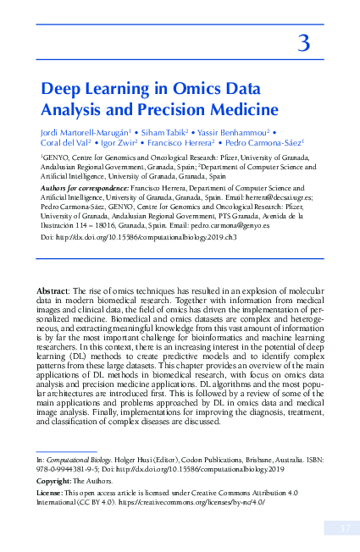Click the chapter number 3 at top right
[x=303, y=42]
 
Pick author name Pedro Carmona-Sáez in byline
[x=262, y=144]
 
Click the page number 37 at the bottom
[x=337, y=529]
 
